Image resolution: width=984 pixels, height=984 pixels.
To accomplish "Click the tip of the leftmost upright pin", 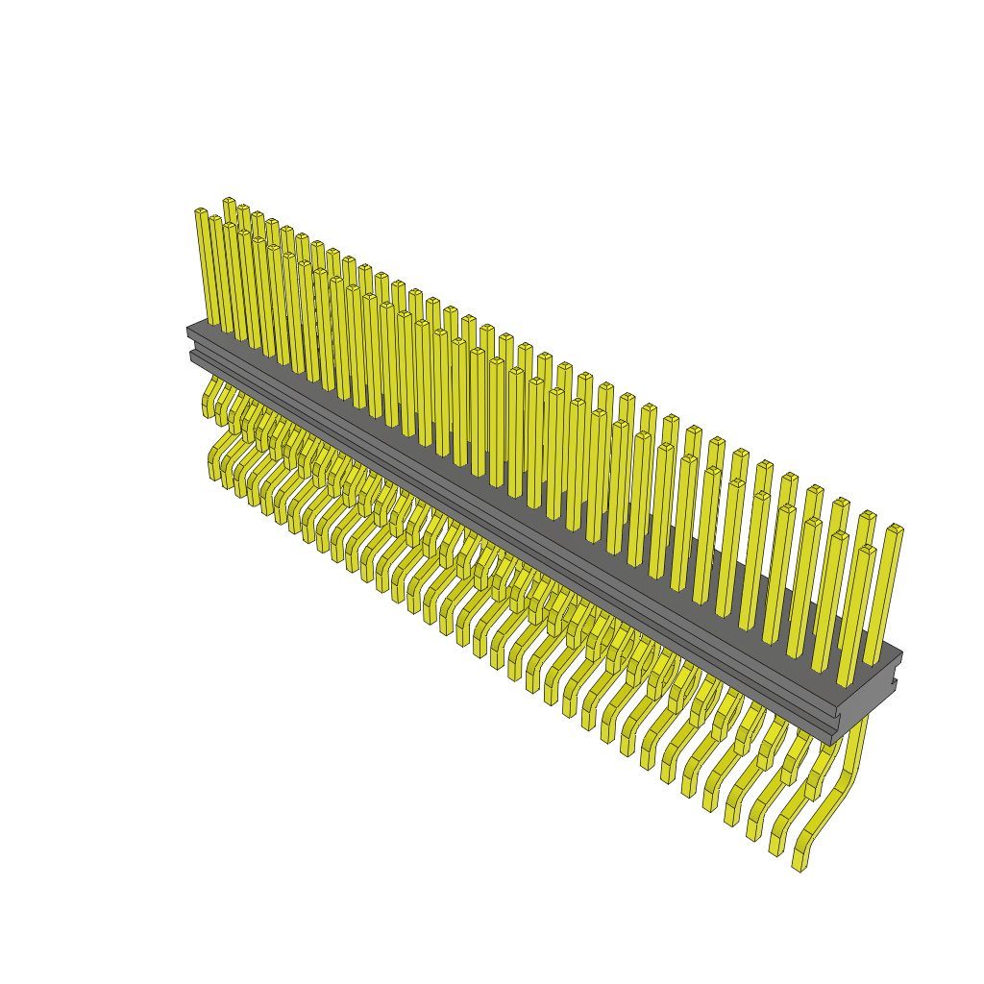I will tap(200, 211).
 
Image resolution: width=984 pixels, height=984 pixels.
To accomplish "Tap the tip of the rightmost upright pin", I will tap(895, 529).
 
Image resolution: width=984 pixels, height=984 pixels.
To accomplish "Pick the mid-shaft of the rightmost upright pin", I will tap(884, 596).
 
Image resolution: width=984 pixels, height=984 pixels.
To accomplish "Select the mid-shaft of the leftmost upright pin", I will tap(207, 269).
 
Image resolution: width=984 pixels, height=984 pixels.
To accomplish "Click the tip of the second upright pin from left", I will tap(215, 219).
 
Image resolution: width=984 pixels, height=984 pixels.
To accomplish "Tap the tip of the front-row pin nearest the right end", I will tap(867, 550).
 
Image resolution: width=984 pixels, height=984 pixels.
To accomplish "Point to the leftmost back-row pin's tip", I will tap(229, 201).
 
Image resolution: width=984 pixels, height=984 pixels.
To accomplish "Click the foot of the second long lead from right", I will tap(775, 846).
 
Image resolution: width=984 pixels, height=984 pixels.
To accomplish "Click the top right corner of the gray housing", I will tap(901, 654).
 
